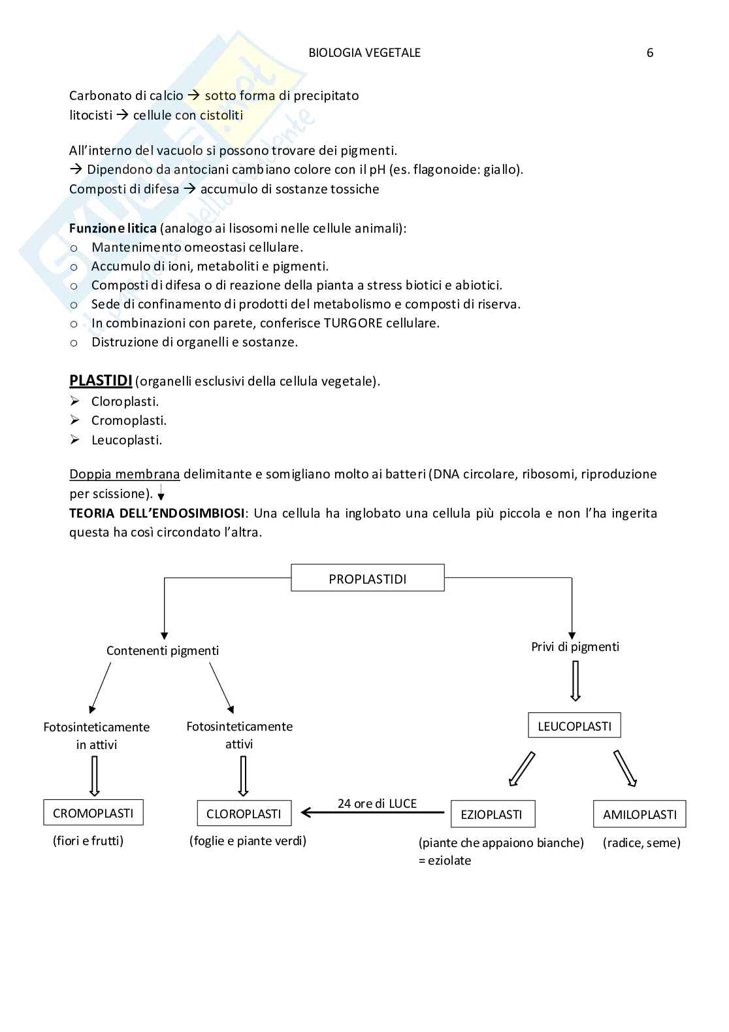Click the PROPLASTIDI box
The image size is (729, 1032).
(367, 578)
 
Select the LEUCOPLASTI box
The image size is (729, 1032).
(574, 725)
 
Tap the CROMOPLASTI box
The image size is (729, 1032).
(93, 813)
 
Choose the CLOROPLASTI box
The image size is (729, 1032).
(244, 814)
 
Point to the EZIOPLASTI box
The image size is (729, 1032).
(492, 814)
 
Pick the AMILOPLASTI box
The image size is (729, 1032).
(640, 814)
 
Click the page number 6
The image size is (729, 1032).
(649, 53)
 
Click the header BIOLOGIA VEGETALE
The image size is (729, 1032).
(364, 53)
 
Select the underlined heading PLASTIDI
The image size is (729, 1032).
(101, 380)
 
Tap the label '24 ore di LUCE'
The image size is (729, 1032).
(377, 803)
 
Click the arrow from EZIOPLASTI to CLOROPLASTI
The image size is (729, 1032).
(372, 813)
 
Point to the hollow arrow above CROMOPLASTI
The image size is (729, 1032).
(94, 776)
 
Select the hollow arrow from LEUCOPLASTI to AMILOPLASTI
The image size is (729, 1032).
(625, 769)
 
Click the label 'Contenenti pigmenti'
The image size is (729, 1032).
(163, 650)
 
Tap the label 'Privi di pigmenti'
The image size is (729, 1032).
(575, 646)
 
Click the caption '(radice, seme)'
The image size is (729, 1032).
(641, 842)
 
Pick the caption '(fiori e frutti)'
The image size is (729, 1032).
(88, 841)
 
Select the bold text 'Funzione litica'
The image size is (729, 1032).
(113, 228)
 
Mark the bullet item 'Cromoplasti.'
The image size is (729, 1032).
(129, 420)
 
